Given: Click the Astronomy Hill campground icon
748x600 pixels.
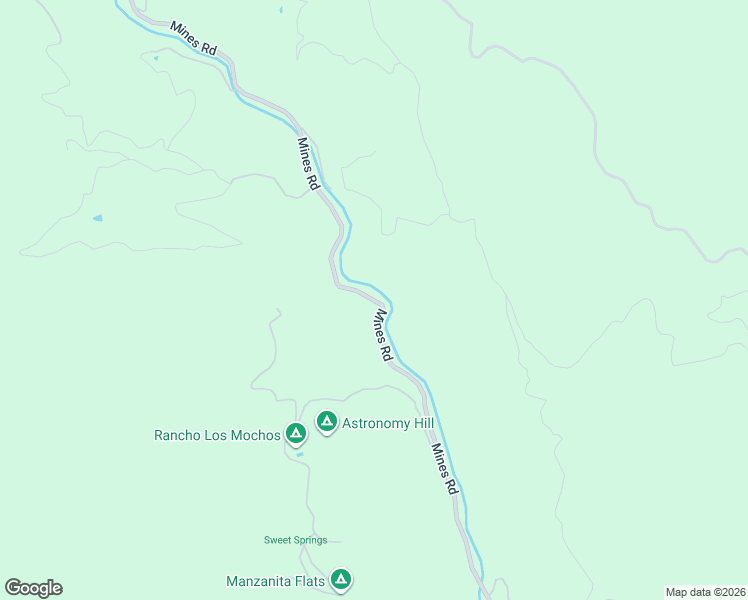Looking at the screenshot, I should pyautogui.click(x=326, y=422).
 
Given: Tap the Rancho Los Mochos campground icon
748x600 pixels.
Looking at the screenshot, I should pyautogui.click(x=295, y=433).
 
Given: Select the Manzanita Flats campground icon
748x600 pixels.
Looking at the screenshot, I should pyautogui.click(x=341, y=579).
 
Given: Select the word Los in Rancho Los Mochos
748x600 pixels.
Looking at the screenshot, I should pyautogui.click(x=219, y=435).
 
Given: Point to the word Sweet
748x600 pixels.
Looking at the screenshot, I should pyautogui.click(x=277, y=541).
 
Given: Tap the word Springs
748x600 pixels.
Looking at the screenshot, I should pyautogui.click(x=310, y=541).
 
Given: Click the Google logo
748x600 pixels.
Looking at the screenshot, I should pyautogui.click(x=33, y=588).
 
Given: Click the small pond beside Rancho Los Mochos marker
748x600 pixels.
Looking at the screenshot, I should pyautogui.click(x=299, y=454).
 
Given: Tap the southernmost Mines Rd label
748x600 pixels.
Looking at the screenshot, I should pyautogui.click(x=444, y=469).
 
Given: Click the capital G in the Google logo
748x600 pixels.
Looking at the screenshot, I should pyautogui.click(x=14, y=588).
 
